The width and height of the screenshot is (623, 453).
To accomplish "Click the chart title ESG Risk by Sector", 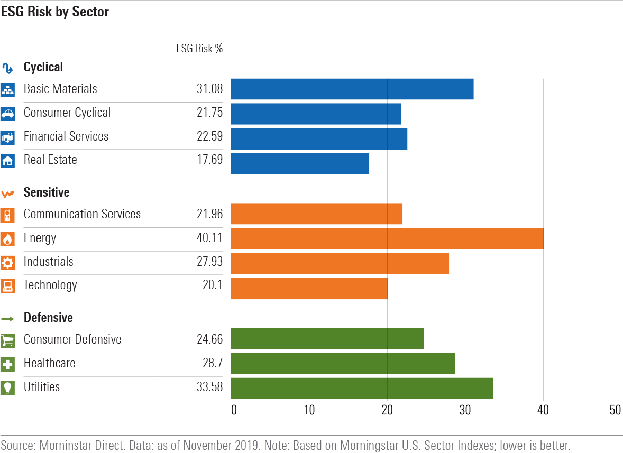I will pyautogui.click(x=54, y=12).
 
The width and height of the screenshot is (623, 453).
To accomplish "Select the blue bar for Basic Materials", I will pyautogui.click(x=352, y=89).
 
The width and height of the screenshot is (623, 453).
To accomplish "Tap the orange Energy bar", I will pyautogui.click(x=387, y=238).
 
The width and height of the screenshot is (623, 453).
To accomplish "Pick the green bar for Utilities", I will pyautogui.click(x=362, y=388).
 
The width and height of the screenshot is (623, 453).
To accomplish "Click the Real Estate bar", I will pyautogui.click(x=300, y=163).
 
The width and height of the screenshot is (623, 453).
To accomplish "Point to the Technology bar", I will pyautogui.click(x=309, y=288).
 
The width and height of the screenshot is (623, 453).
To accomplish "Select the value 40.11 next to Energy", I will pyautogui.click(x=209, y=238).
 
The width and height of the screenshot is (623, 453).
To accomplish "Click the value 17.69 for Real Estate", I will pyautogui.click(x=209, y=160).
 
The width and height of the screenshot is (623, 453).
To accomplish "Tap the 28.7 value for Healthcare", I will pyautogui.click(x=212, y=363).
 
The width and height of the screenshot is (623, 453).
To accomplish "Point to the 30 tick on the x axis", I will pyautogui.click(x=465, y=410).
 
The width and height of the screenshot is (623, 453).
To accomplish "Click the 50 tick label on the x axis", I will pyautogui.click(x=615, y=410).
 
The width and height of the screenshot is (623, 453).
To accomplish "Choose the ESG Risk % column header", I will pyautogui.click(x=199, y=48).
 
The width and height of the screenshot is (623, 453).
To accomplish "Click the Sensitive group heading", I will pyautogui.click(x=47, y=192).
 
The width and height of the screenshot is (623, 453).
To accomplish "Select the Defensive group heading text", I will pyautogui.click(x=48, y=318).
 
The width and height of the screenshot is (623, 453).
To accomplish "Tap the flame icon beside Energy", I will pyautogui.click(x=7, y=239).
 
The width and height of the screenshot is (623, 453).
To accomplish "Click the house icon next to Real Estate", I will pyautogui.click(x=7, y=161).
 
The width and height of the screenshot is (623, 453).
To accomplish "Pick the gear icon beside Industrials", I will pyautogui.click(x=7, y=263).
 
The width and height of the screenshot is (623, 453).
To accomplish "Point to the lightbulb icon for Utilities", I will pyautogui.click(x=7, y=387).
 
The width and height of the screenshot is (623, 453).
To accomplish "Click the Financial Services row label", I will pyautogui.click(x=66, y=136).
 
